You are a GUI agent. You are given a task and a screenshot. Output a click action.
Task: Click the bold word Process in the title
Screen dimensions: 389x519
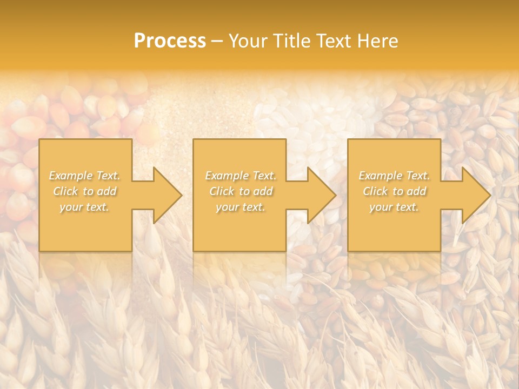coord(170,41)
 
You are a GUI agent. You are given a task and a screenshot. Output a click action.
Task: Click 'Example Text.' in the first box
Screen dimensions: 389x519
coord(85,176)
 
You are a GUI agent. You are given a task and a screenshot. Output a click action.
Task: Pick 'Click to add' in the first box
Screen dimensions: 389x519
coord(85,191)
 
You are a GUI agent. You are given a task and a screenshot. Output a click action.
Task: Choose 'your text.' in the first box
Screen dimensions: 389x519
coord(85,207)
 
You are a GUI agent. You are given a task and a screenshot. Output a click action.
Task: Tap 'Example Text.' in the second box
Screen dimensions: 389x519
coord(240,176)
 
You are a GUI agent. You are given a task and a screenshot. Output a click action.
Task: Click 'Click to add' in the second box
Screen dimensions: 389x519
coord(240,191)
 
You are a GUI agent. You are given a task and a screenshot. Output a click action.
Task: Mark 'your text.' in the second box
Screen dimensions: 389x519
coord(240,207)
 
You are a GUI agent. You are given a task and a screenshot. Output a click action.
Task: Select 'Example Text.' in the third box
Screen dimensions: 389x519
coord(394,176)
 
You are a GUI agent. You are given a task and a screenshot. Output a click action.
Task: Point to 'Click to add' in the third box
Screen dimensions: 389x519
coord(394,191)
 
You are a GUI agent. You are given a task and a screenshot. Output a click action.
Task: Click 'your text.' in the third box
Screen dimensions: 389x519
coord(394,207)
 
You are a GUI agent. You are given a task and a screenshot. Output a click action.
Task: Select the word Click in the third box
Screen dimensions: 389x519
coord(375,191)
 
